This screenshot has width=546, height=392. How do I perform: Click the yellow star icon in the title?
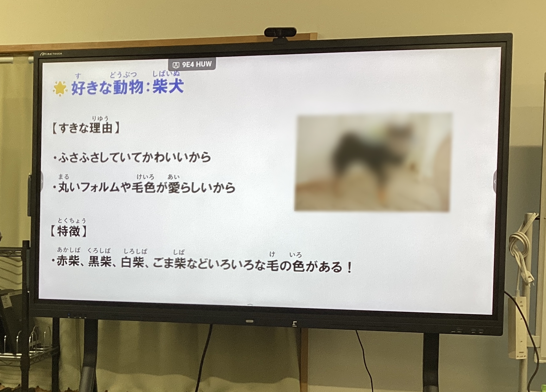coord(60,88)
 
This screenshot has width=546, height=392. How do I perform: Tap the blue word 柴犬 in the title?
coord(168,86)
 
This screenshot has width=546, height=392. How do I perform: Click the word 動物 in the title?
coord(128,87)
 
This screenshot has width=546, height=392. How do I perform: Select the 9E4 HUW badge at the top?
coord(192,64)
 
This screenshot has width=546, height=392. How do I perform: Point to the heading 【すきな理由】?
coord(86,128)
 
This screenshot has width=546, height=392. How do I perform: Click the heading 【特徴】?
coord(68,231)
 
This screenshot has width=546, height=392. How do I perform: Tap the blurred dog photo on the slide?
coord(373,162)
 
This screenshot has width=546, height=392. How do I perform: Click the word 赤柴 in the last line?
coord(68,261)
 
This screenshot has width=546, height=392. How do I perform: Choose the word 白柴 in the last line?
coord(133,262)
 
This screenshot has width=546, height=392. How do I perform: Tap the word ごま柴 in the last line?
coord(169,263)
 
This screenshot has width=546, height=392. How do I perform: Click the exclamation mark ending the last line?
coord(349,267)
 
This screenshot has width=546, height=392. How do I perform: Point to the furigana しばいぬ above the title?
coord(166,74)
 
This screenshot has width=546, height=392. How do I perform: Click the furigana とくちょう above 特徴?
coord(72,220)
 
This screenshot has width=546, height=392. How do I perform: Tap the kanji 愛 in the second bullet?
coord(174,188)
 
